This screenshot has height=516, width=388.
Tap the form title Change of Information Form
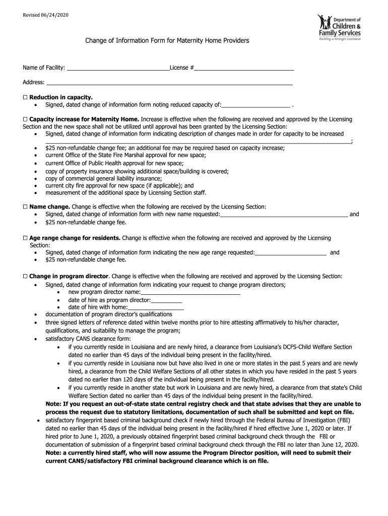167,40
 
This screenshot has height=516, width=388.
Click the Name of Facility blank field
118,68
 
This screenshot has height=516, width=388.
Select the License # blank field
244,68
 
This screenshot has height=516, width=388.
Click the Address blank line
169,83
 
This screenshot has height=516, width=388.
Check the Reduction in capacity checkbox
25,97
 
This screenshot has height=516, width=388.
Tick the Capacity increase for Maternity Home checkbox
25,119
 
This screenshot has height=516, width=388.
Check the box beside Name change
25,207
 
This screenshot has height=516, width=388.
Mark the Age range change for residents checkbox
25,238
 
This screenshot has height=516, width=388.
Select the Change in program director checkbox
25,277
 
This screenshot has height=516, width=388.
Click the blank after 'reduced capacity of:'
255,105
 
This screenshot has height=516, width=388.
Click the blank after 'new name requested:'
284,215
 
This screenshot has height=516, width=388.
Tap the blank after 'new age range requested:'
291,253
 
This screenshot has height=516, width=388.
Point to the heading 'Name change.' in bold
50,207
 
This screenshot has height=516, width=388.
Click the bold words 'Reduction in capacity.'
61,97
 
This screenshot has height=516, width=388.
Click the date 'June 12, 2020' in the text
340,445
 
